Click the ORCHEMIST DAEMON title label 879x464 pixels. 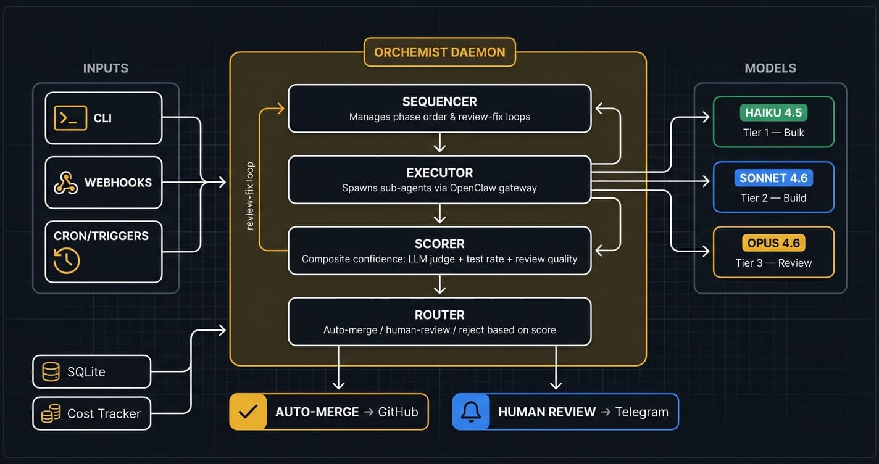(439, 52)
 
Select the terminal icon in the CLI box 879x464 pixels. (70, 118)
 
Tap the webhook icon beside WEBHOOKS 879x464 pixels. (65, 183)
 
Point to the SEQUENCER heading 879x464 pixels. (439, 102)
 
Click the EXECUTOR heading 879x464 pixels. (439, 173)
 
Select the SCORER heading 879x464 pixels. (439, 244)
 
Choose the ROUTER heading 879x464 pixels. (439, 315)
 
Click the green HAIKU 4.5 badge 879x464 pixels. (773, 113)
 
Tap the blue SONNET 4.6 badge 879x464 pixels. (773, 178)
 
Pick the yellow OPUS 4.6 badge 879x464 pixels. (773, 243)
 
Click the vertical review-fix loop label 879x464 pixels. (250, 196)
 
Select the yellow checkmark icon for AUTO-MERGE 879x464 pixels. (248, 412)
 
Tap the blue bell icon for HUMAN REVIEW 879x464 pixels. (471, 412)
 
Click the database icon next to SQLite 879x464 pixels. (51, 371)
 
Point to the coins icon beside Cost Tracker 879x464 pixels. (51, 413)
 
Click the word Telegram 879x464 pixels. (641, 412)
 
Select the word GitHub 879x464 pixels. (398, 412)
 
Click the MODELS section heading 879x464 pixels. (770, 68)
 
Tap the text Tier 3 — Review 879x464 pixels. (773, 263)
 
